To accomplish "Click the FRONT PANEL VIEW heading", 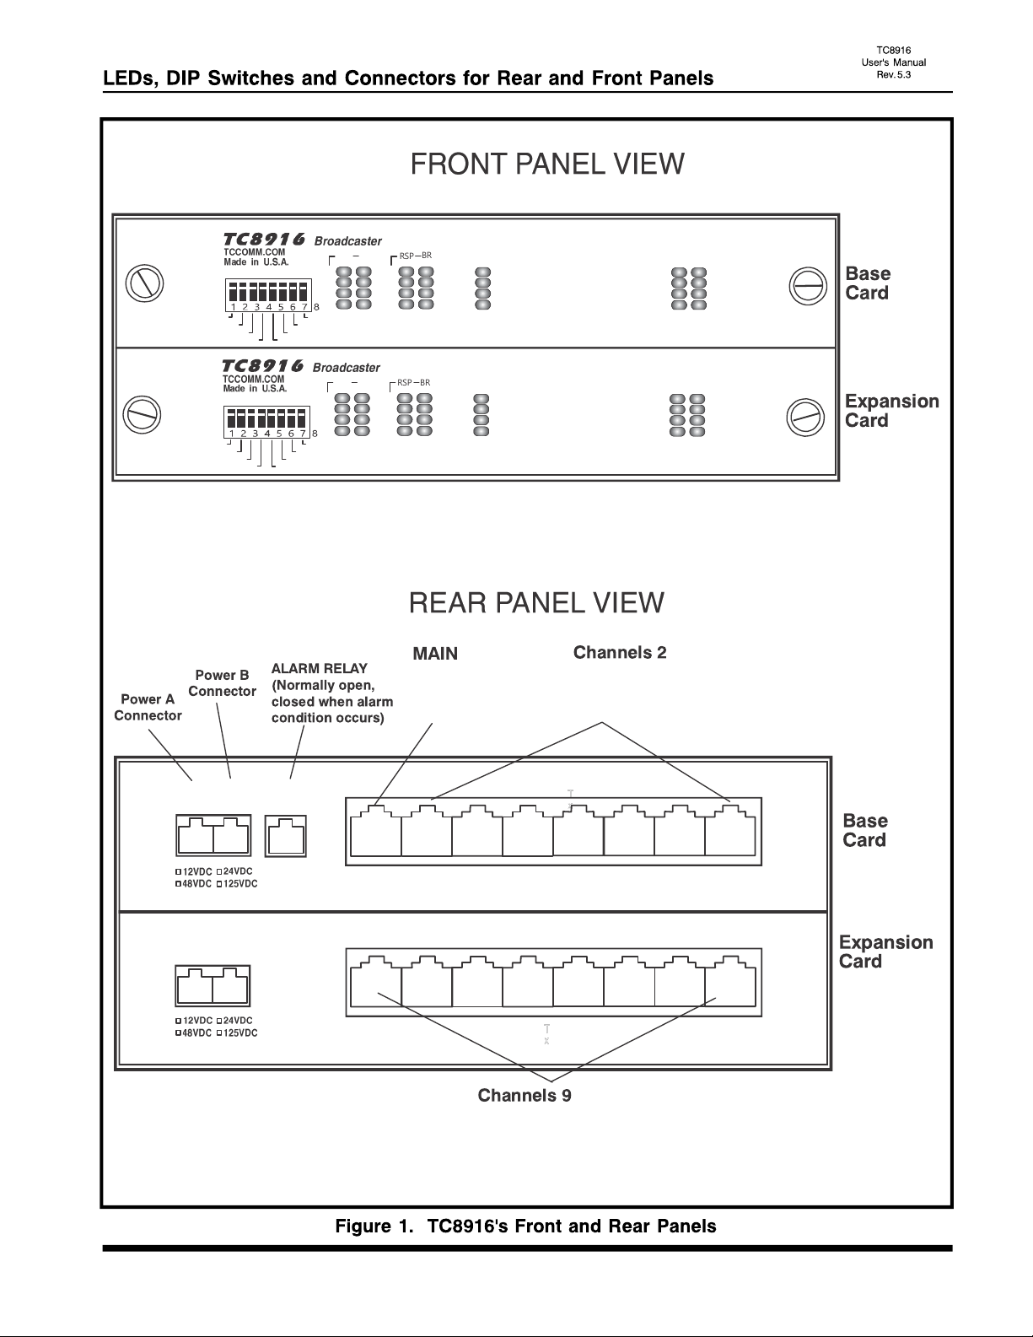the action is [546, 164].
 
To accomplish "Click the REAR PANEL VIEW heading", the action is [536, 603].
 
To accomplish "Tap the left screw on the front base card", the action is [144, 283].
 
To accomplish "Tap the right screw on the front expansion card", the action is [805, 418].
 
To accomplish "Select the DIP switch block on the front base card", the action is [269, 295].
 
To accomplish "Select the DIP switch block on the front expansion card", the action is [266, 422].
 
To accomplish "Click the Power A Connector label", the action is [148, 708].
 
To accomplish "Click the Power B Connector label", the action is [222, 683].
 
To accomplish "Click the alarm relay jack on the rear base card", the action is [285, 836].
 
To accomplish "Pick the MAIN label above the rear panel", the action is [435, 654].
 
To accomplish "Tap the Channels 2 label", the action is [620, 652].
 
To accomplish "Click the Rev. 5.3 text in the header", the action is [894, 75].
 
